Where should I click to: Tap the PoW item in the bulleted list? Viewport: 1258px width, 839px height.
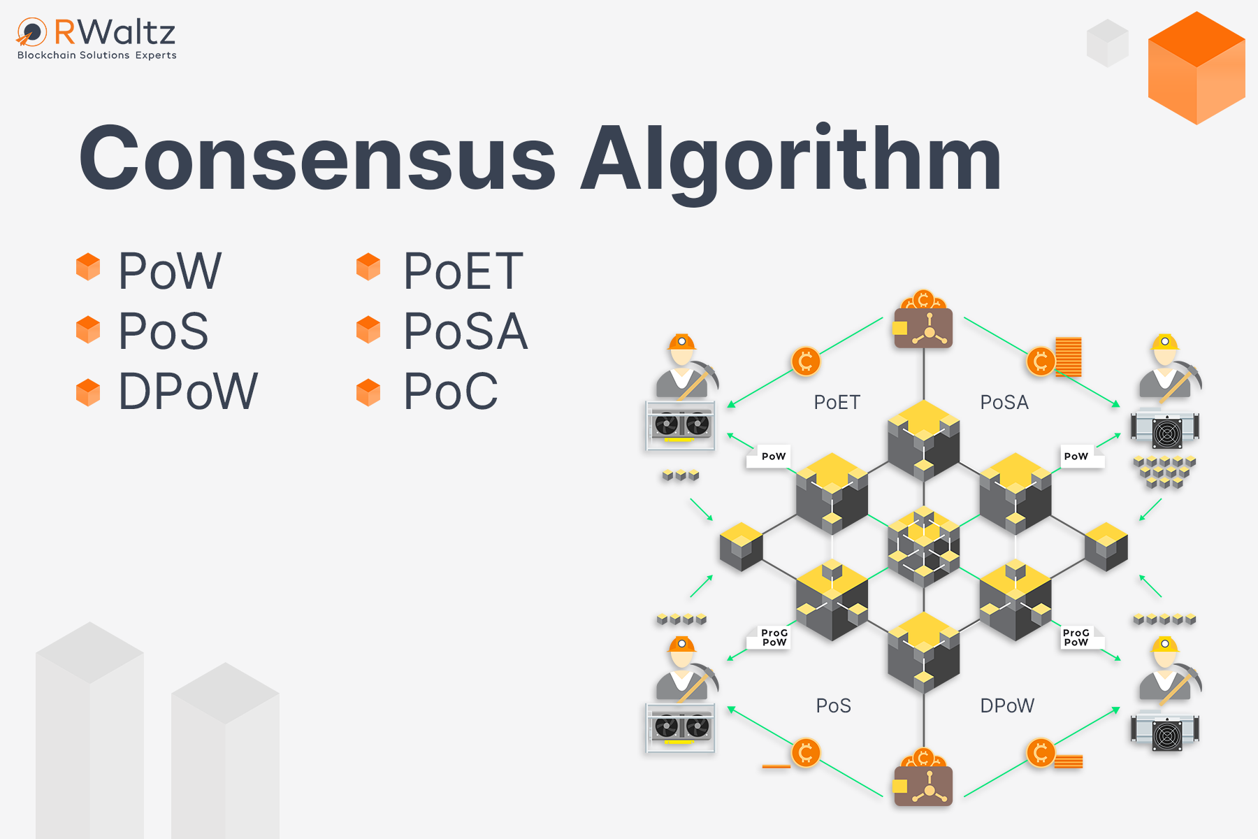coord(170,271)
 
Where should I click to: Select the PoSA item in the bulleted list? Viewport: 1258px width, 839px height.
coord(465,331)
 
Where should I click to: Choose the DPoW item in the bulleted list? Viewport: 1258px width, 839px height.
coord(188,392)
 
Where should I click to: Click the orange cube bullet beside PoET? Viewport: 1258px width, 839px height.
coord(368,267)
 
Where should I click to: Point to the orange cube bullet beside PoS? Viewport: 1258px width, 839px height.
coord(88,329)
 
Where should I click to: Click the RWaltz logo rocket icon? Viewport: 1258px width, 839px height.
coord(31,31)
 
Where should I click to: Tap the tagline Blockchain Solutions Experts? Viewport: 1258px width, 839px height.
coord(97,55)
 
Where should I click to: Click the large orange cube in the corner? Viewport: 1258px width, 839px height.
coord(1196,69)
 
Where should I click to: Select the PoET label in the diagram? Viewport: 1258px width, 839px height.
coord(837,403)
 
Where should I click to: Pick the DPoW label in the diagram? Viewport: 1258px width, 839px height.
coord(1006,706)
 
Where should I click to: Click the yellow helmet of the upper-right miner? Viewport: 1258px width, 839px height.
coord(1165,343)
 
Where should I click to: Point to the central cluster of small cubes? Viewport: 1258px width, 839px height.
coord(923,545)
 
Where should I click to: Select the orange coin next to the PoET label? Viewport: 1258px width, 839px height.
coord(805,361)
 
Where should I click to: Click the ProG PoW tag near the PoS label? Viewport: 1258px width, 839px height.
coord(774,638)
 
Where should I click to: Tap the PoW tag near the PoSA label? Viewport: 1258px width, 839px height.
coord(1076,456)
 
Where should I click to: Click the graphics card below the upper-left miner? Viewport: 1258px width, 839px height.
coord(681,424)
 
